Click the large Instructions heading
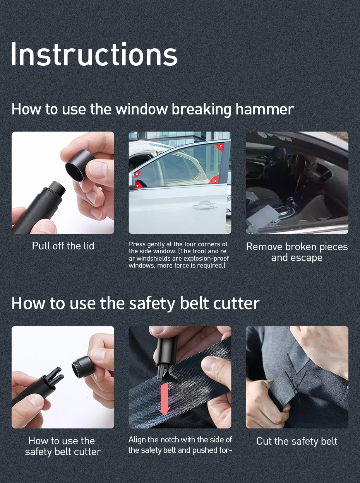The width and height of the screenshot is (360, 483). pos(94,54)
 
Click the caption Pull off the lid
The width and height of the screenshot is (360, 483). pos(63,246)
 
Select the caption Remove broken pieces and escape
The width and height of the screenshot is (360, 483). pos(297,252)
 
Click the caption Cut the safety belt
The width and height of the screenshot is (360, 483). pos(297,441)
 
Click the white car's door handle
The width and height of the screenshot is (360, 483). pos(205,205)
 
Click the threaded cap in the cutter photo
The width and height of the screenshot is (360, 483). pos(82,367)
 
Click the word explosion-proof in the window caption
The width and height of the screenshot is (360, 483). pos(207,258)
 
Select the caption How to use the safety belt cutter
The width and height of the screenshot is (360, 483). pos(63,446)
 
